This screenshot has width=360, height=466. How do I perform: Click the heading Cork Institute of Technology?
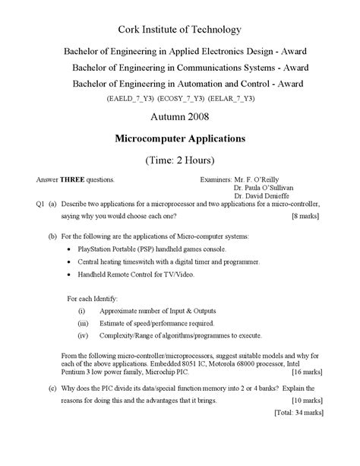coord(179,30)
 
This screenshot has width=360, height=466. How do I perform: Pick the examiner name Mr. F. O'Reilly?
coord(259,180)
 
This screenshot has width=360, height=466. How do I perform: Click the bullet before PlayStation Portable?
coord(70,249)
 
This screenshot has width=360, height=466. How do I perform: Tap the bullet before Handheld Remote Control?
coord(70,274)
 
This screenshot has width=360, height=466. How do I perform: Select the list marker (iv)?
coord(83,334)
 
